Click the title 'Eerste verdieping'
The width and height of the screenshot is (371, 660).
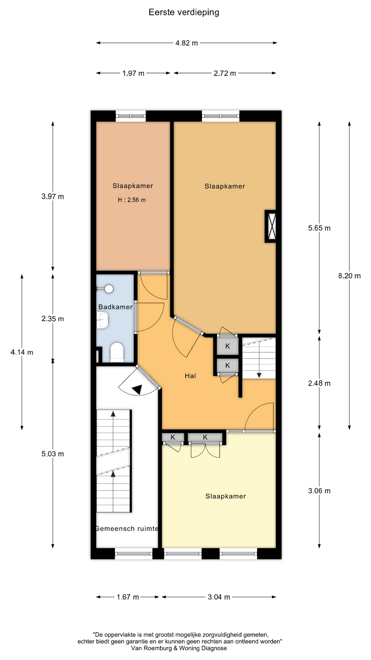point(184,13)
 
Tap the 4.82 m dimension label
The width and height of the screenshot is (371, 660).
point(187,43)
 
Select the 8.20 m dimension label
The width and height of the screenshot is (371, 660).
point(349,276)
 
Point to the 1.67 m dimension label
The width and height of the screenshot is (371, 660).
point(128,597)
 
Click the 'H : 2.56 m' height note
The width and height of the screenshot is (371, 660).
point(132,200)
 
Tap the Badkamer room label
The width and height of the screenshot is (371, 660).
point(115,307)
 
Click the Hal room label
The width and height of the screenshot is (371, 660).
point(190,376)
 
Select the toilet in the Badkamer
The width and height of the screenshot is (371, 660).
point(117,353)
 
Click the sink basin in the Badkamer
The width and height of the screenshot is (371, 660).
point(102,320)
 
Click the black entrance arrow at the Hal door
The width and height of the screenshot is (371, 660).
point(137,389)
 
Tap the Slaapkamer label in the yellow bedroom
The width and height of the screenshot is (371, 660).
point(226,496)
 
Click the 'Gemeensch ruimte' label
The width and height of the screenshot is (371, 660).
point(127,529)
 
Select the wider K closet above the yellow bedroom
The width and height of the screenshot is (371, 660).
point(205,437)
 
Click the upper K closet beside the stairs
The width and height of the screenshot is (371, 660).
point(227,346)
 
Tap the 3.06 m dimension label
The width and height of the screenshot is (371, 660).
point(319,491)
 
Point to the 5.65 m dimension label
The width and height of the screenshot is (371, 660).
point(319,228)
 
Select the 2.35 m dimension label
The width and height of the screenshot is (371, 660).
point(53,319)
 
